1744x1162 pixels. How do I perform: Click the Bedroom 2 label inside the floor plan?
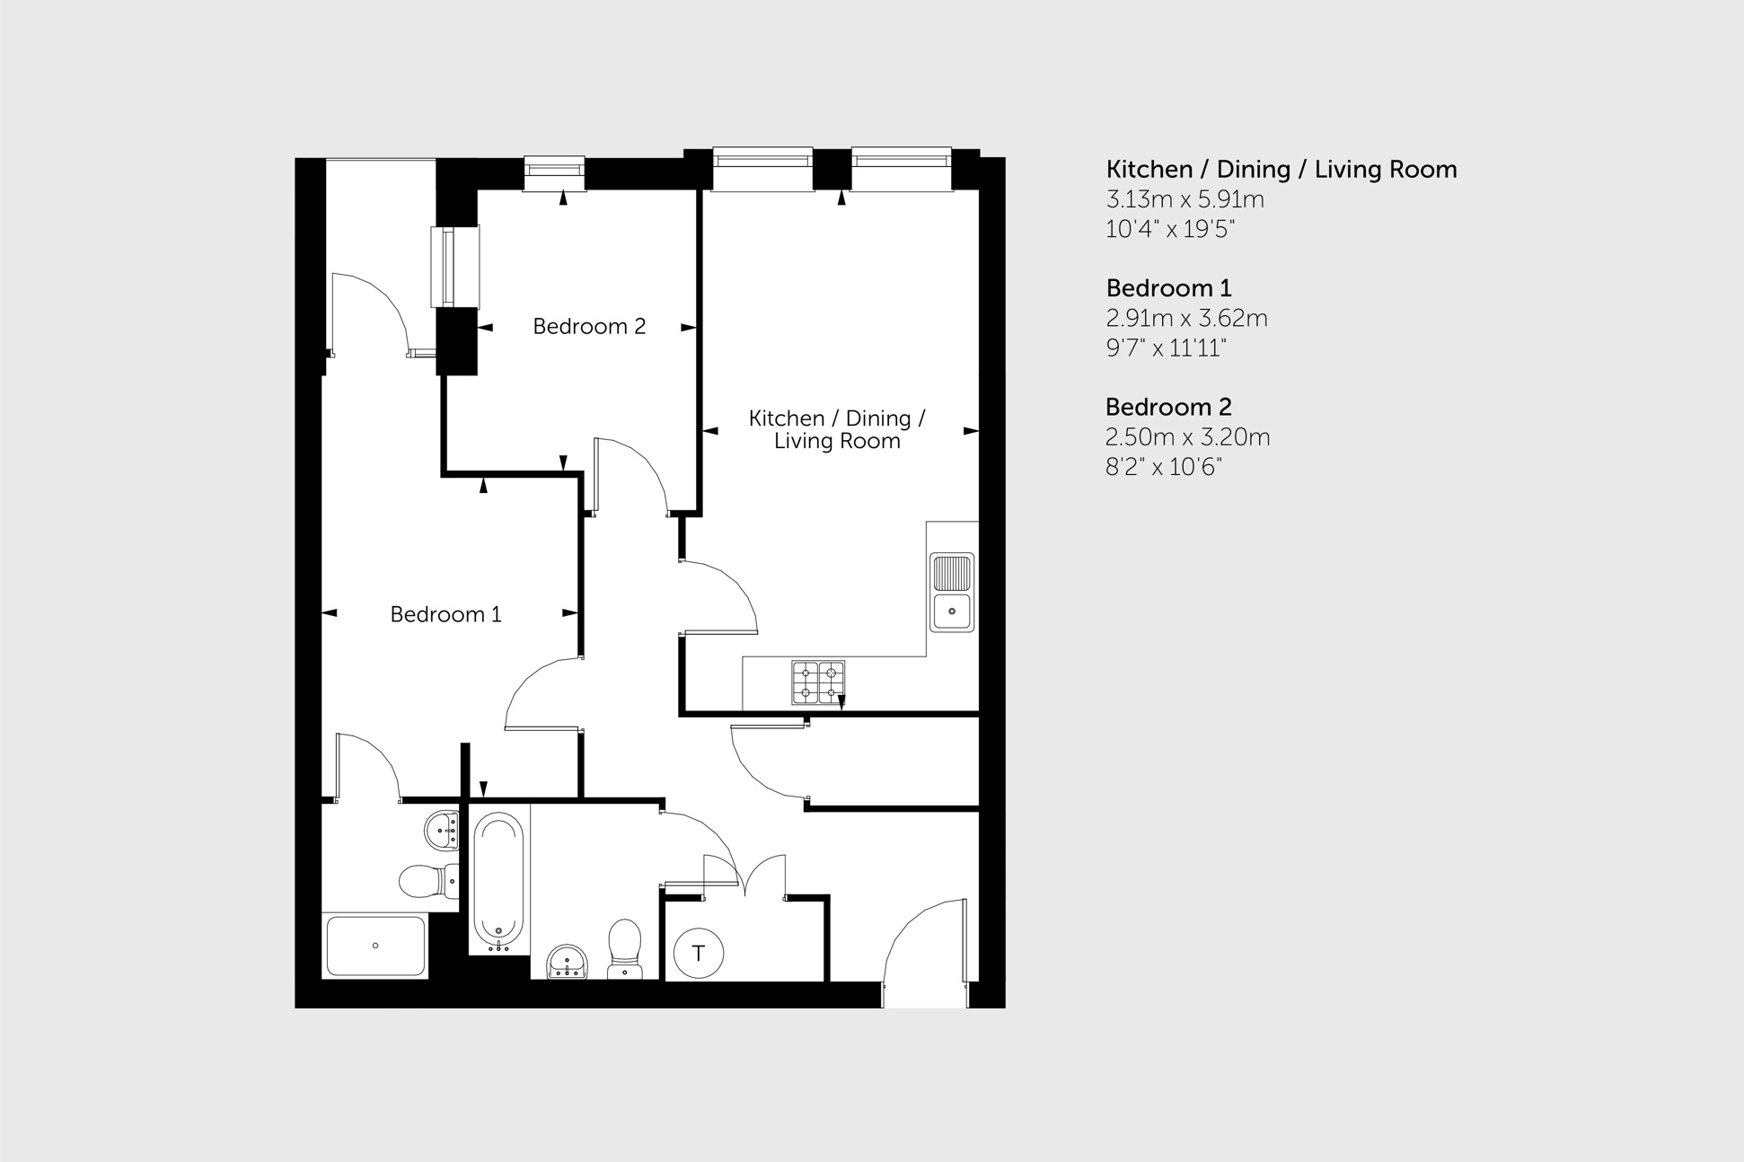tap(589, 326)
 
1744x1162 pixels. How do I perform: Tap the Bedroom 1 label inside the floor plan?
tap(445, 614)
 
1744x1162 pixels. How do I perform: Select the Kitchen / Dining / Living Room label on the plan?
tap(837, 429)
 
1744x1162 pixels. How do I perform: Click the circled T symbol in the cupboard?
tap(698, 953)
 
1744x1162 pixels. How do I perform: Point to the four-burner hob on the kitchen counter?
tap(818, 682)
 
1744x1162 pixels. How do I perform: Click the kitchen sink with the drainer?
tap(951, 592)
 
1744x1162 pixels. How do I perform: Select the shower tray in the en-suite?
tap(375, 946)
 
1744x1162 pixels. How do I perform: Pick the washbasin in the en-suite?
tap(443, 831)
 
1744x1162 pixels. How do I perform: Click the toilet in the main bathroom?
tap(625, 946)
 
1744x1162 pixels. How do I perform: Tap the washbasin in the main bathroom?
tap(567, 961)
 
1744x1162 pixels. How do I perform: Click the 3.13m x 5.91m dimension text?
tap(1185, 199)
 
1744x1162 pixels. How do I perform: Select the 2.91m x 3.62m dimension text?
tap(1186, 318)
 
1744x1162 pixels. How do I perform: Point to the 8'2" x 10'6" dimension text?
tap(1164, 467)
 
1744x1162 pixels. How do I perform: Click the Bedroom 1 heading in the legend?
tap(1168, 288)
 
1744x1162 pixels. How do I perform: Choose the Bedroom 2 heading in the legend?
tap(1168, 407)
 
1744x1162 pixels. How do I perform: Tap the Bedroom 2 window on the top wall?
tap(554, 172)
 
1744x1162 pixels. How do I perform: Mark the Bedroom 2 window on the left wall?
tap(455, 267)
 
